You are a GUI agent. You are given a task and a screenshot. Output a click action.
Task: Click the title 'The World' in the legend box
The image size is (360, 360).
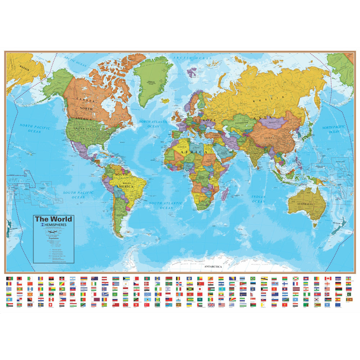pos(53,219)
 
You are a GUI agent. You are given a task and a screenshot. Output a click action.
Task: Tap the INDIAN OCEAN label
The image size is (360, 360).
pos(258,199)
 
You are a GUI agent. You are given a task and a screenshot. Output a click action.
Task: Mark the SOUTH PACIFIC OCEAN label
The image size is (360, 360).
pos(78,195)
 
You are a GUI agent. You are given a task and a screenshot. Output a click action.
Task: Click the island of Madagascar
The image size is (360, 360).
pos(225,194)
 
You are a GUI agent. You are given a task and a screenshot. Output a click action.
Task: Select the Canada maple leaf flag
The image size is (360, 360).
pos(328,279)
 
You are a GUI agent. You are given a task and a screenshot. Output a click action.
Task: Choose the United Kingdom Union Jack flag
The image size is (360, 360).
pos(211,305)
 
